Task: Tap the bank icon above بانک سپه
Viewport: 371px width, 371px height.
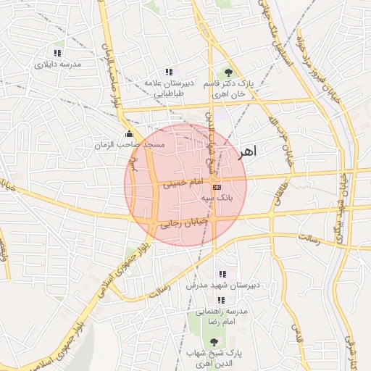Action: [x=217, y=186]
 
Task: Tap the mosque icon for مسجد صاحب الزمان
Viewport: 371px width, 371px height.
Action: [x=129, y=134]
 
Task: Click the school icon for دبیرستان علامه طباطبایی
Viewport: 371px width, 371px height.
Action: [x=169, y=72]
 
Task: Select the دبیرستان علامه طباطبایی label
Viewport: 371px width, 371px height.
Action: [x=168, y=88]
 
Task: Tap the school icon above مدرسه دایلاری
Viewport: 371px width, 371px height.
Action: [x=57, y=53]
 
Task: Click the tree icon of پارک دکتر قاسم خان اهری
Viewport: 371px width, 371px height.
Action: [x=228, y=72]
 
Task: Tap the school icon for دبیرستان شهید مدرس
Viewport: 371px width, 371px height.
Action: [x=222, y=274]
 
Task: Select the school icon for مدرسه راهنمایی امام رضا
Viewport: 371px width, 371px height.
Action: [x=220, y=300]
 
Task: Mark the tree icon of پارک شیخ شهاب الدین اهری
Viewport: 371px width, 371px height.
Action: [x=213, y=341]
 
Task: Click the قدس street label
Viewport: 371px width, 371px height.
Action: [x=296, y=333]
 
